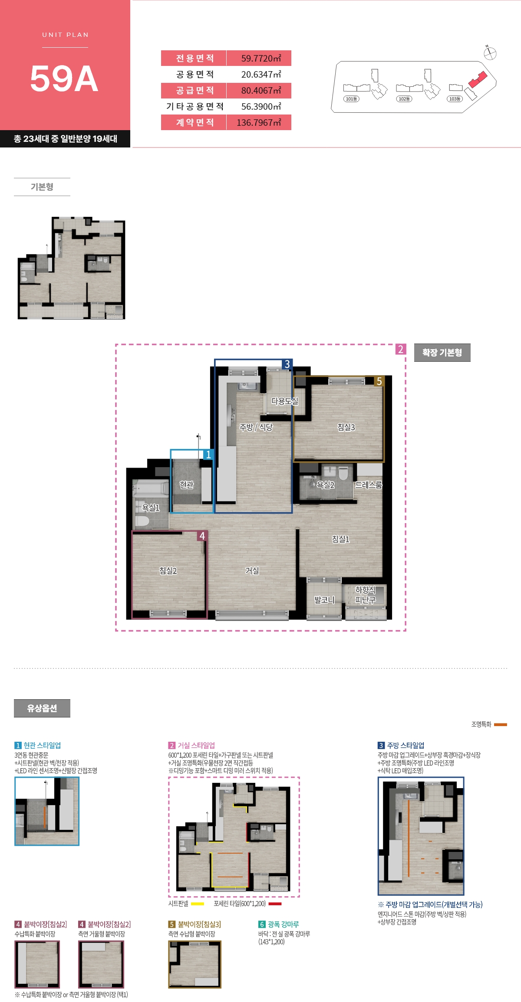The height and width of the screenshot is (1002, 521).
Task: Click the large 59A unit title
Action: [x=64, y=79]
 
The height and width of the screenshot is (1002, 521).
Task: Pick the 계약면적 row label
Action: [x=195, y=123]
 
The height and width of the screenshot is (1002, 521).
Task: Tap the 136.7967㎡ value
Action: [x=259, y=123]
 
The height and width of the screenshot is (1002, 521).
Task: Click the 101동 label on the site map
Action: [x=351, y=99]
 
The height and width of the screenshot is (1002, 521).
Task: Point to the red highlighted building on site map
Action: [x=478, y=80]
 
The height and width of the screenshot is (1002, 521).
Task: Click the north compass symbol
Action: [x=490, y=53]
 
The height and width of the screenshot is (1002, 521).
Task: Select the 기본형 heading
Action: [x=42, y=187]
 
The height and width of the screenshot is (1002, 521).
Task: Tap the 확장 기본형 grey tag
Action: [x=442, y=353]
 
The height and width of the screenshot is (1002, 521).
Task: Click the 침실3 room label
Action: [x=346, y=427]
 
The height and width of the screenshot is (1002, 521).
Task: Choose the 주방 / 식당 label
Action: [x=256, y=427]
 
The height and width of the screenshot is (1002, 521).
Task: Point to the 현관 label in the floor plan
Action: [x=187, y=485]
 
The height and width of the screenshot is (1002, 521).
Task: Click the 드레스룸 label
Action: [x=369, y=485]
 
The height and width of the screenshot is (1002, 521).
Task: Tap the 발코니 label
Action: [x=324, y=600]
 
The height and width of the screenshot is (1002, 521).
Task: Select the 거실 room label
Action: [x=252, y=571]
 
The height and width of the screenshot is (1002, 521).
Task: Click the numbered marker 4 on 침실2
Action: [x=202, y=536]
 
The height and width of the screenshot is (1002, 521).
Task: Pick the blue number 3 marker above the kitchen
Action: [x=287, y=364]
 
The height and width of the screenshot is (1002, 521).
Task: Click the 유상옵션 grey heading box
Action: [x=42, y=708]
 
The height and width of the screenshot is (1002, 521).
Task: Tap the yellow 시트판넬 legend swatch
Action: [x=198, y=904]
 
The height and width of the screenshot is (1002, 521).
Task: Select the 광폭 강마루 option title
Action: [x=283, y=924]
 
